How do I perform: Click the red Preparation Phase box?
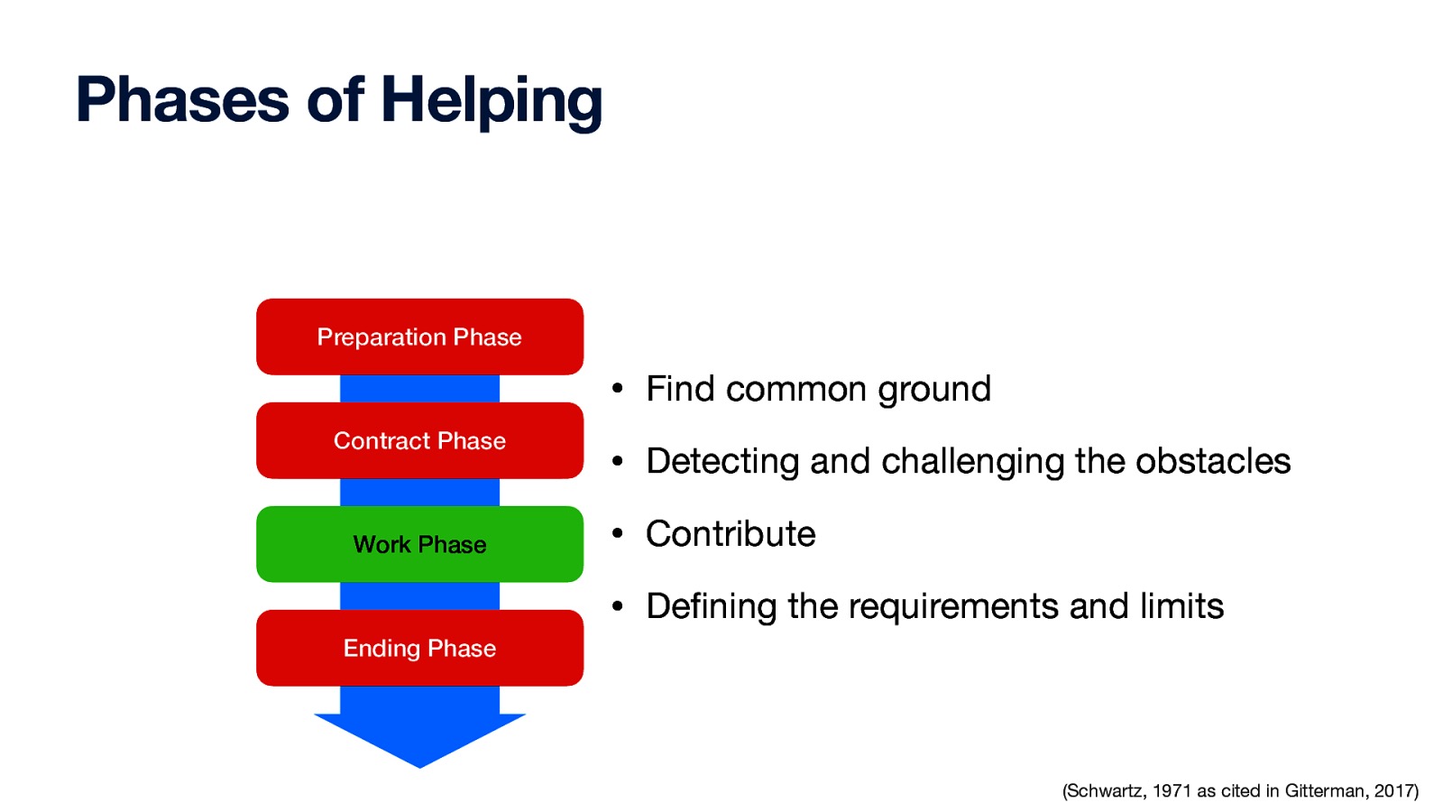[x=419, y=337]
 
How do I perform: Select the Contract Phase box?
[x=419, y=440]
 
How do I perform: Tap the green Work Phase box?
[x=419, y=544]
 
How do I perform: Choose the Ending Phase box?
[x=419, y=648]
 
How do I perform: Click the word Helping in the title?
[x=492, y=100]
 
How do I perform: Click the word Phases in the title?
[x=181, y=100]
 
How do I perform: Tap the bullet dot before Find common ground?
[x=617, y=390]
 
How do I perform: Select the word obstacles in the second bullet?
[x=1212, y=461]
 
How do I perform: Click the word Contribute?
[x=731, y=534]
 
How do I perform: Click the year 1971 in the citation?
[x=1172, y=791]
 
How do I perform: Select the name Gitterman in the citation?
[x=1324, y=791]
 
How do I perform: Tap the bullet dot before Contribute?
[x=617, y=534]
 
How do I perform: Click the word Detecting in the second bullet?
[x=722, y=462]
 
